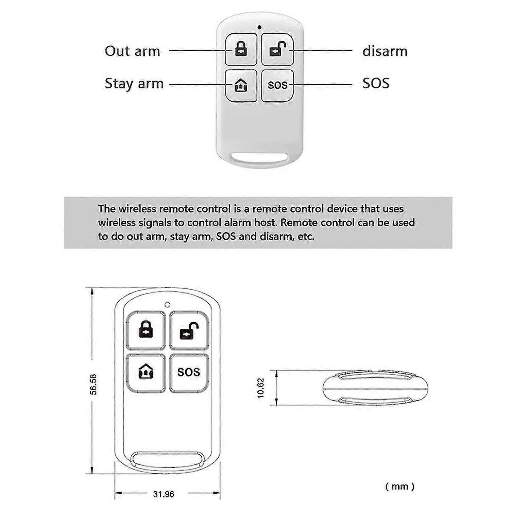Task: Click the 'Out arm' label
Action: tap(132, 51)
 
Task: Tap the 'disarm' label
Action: tap(385, 51)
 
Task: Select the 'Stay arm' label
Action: tap(134, 84)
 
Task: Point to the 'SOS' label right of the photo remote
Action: tap(376, 83)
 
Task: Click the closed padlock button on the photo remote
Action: tap(241, 49)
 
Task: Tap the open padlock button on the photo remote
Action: tap(277, 49)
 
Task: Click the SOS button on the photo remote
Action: tap(277, 85)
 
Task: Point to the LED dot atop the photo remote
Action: tap(259, 27)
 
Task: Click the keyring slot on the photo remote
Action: tap(259, 158)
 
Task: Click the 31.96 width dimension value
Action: tap(164, 494)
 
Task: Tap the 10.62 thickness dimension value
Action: tap(261, 388)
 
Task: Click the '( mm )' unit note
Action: tap(400, 486)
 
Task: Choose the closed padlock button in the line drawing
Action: tap(146, 330)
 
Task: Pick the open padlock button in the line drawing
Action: tap(189, 330)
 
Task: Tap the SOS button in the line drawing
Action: tap(189, 373)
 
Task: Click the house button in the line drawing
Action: tap(146, 373)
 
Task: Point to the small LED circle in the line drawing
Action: tap(167, 305)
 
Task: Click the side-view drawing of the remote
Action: tap(375, 388)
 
